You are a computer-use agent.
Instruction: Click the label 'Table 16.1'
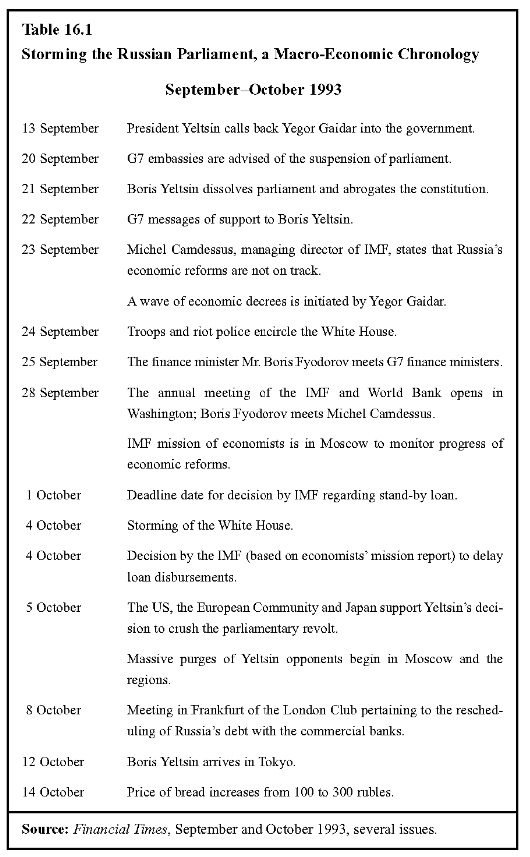[x=57, y=30]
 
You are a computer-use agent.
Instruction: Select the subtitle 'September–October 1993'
[x=253, y=90]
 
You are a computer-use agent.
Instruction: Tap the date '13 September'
[x=60, y=129]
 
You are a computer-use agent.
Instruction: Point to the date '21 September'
[x=60, y=189]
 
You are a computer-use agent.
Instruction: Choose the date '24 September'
[x=60, y=332]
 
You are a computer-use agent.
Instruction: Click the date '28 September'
[x=60, y=393]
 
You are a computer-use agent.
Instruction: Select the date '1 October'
[x=53, y=495]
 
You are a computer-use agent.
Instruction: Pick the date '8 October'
[x=53, y=710]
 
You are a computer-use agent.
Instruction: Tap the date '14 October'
[x=53, y=792]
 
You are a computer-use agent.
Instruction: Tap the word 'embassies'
[x=173, y=159]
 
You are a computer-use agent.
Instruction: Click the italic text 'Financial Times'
[x=120, y=830]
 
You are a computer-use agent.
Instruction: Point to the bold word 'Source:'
[x=45, y=830]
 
